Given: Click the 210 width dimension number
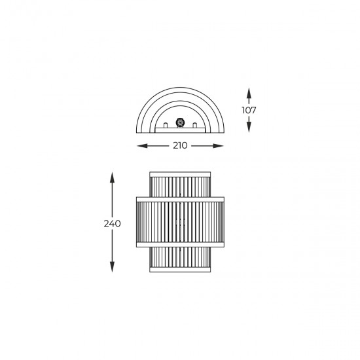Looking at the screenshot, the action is coord(180,145).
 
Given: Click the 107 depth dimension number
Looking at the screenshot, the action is coord(249,110).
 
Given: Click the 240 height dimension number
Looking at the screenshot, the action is coord(113,224).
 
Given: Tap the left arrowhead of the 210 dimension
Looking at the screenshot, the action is coord(142,146).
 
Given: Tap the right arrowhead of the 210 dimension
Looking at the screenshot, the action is coord(218,146).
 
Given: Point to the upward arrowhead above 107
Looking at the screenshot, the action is coord(249,93).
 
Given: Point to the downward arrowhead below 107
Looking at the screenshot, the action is coord(249,127).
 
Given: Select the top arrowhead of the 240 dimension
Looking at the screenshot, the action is coord(112,177).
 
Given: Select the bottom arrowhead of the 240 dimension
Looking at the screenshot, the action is coord(112,267).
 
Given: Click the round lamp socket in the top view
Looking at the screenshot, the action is coord(180,122).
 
